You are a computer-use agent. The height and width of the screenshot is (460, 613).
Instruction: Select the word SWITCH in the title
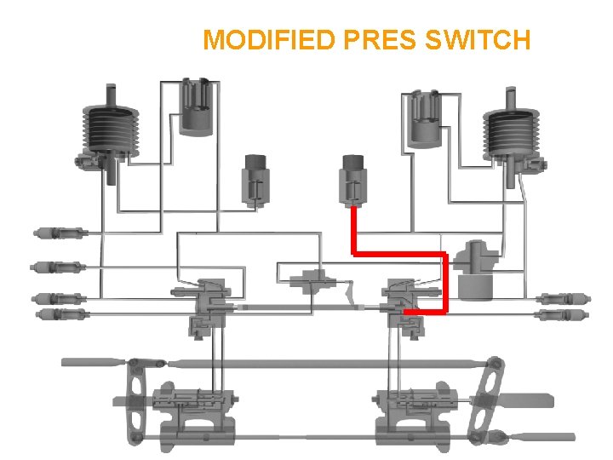pos(482,40)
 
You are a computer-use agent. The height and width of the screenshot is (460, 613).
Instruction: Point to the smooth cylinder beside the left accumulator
pos(198,106)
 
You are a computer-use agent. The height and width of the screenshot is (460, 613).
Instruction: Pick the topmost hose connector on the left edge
pos(58,232)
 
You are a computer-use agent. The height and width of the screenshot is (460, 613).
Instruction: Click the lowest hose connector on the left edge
pos(61,314)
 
